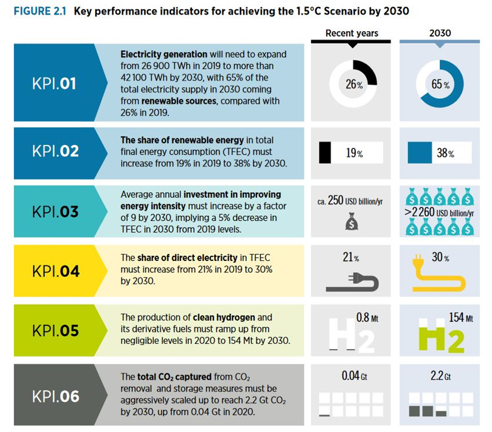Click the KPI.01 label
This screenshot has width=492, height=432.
point(55,84)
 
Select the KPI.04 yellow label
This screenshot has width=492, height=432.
point(55,271)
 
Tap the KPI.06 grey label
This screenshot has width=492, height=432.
point(55,396)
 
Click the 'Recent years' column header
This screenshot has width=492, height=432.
point(352,33)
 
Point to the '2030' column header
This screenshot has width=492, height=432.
point(440,33)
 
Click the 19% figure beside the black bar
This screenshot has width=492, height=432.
point(354,153)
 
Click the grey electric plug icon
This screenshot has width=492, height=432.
point(352,281)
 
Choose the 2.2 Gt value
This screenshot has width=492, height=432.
point(440,376)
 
